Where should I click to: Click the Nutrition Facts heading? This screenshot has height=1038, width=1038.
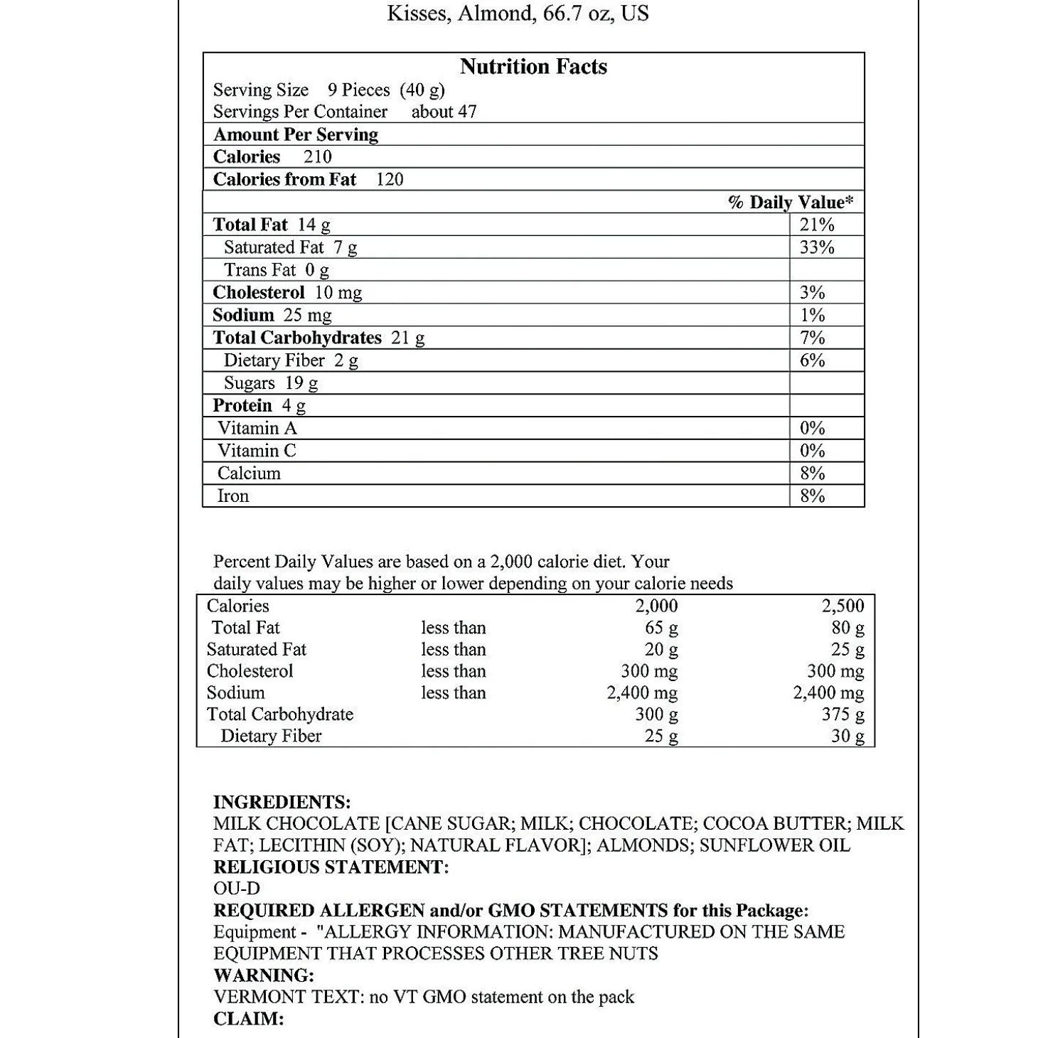point(533,67)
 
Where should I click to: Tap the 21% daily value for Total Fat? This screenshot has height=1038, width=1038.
point(816,225)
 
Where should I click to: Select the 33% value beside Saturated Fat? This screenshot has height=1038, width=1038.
point(816,247)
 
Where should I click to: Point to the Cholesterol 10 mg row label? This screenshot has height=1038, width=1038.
point(287,292)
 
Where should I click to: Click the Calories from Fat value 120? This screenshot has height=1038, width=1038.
point(390,179)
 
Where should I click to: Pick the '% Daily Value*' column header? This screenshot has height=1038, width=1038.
point(790,203)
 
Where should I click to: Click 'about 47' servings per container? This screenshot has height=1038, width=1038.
point(444,112)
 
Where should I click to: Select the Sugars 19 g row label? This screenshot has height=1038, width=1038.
point(270,383)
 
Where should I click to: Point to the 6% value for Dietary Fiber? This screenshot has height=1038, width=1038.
point(812,360)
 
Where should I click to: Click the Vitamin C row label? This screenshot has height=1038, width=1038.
point(257,451)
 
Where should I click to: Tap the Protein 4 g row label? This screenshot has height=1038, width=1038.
point(259,406)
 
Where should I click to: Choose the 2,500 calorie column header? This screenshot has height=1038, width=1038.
point(842,606)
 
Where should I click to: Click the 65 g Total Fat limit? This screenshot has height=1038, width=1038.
point(660,628)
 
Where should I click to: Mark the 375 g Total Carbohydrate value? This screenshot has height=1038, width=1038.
point(842,715)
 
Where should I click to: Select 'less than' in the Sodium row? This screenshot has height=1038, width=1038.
point(453,693)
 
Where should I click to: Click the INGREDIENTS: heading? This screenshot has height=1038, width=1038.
point(282,803)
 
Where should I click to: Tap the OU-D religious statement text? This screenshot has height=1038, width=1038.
point(237,889)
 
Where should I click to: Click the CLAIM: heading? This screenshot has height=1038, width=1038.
point(248,1019)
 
